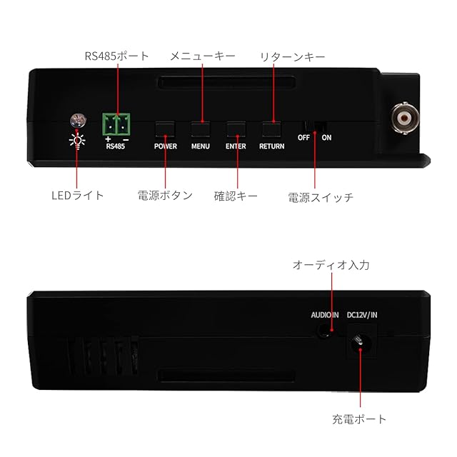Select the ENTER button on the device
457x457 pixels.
pos(236,129)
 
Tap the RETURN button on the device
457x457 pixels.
pos(271,129)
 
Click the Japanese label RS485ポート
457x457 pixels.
pos(116,56)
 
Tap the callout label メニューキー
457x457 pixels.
pos(202,56)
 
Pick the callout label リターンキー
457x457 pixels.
pos(293,56)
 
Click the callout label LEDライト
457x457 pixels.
pos(79,195)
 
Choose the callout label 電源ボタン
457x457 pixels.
pos(165,195)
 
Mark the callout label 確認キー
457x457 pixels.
pos(236,195)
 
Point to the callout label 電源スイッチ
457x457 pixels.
pos(321,196)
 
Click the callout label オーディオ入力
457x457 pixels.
pos(331,265)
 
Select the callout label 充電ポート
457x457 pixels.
pos(360,419)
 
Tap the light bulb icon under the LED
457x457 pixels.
pos(76,139)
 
